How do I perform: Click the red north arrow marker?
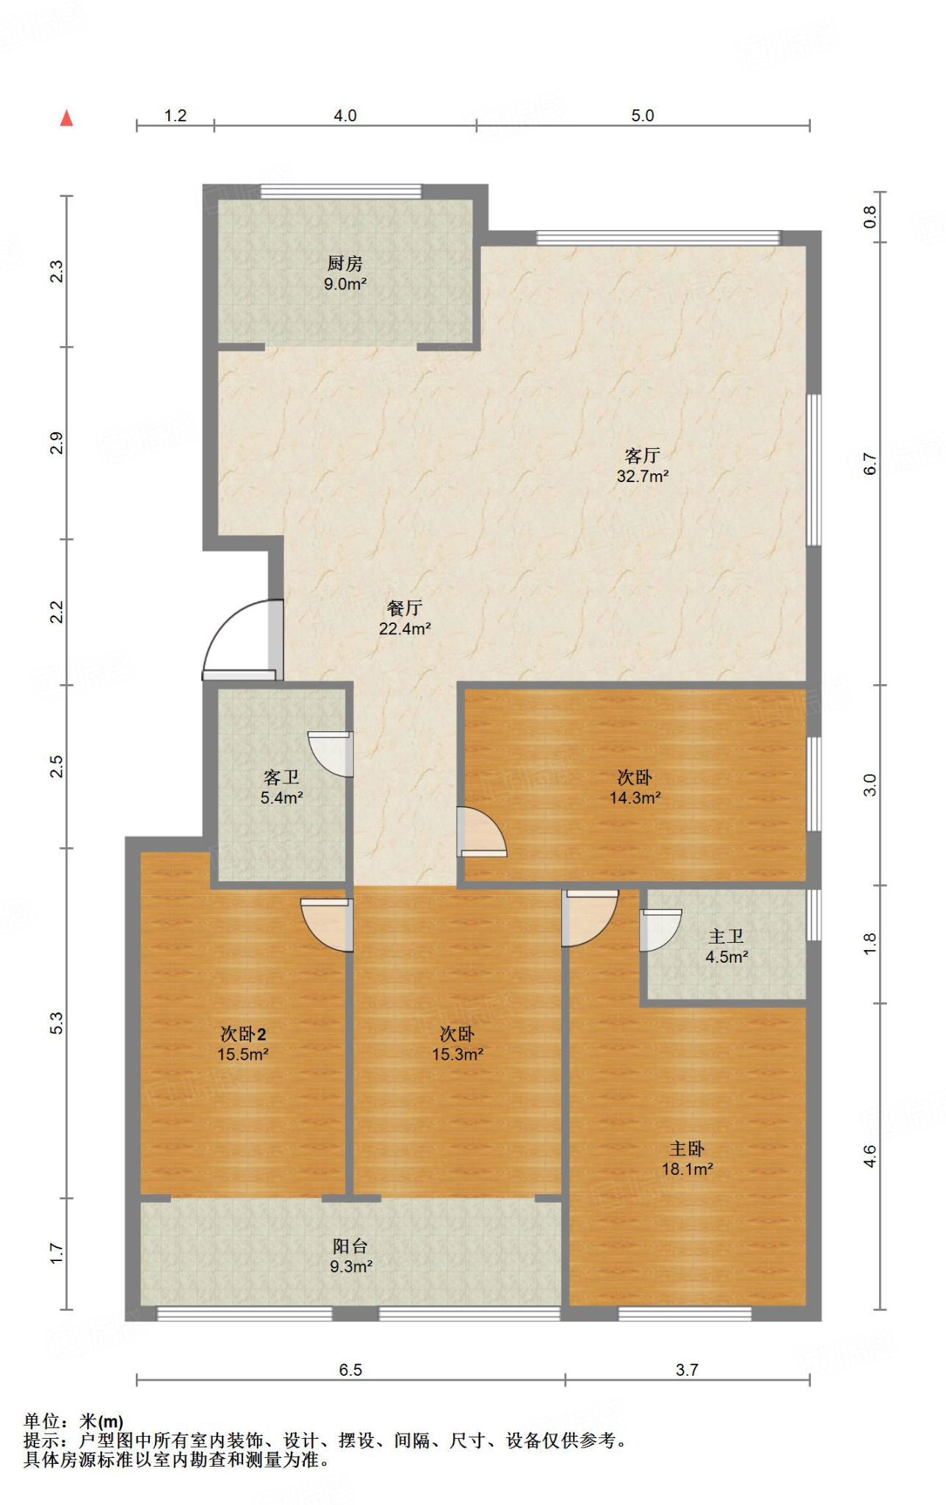point(67,118)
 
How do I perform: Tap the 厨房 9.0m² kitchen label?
point(344,273)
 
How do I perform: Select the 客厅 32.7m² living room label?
point(642,466)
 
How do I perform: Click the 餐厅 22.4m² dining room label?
point(404,619)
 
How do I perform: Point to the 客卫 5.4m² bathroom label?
point(281,787)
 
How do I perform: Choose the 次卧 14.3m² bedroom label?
point(635,787)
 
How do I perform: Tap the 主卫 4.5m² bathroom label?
point(726,947)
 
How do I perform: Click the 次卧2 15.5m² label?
point(242,1044)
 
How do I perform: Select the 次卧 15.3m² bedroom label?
point(457,1044)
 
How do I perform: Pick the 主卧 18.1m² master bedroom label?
point(687,1159)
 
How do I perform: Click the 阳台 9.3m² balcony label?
point(350,1256)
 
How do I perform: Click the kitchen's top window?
point(342,192)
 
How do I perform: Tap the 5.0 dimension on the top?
point(642,116)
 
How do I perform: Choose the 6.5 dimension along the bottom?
point(350,1370)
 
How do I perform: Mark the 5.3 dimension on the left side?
point(57,1023)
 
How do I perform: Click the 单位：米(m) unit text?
point(73,1421)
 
